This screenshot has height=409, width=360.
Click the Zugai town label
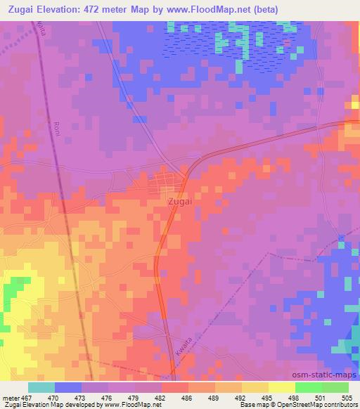[180, 201]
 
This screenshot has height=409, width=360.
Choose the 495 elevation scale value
[269, 398]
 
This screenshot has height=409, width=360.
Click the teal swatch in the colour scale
[41, 387]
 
